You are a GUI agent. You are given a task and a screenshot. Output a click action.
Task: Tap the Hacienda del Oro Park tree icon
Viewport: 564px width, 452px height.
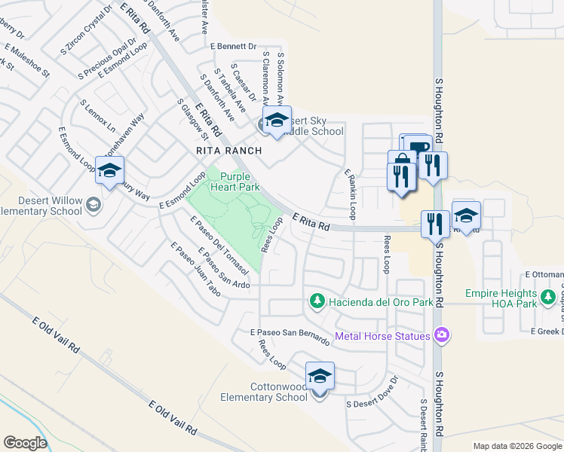[317, 301]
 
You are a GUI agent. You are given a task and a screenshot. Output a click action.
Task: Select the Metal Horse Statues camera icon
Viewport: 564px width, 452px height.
[442, 335]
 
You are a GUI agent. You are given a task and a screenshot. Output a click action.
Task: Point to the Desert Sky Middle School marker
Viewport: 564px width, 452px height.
[275, 121]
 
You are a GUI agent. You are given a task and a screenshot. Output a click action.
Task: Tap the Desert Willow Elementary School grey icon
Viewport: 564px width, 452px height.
[93, 203]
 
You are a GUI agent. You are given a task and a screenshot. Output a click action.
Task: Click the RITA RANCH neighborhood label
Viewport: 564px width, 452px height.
[228, 151]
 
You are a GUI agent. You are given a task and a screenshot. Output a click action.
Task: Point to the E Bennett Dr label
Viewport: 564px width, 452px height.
[234, 46]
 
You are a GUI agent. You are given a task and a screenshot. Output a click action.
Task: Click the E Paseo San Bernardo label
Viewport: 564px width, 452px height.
[290, 336]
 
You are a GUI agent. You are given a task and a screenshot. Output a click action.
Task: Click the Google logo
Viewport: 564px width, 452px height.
[25, 443]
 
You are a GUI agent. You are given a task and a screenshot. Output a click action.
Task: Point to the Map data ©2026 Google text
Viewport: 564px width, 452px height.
[517, 446]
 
